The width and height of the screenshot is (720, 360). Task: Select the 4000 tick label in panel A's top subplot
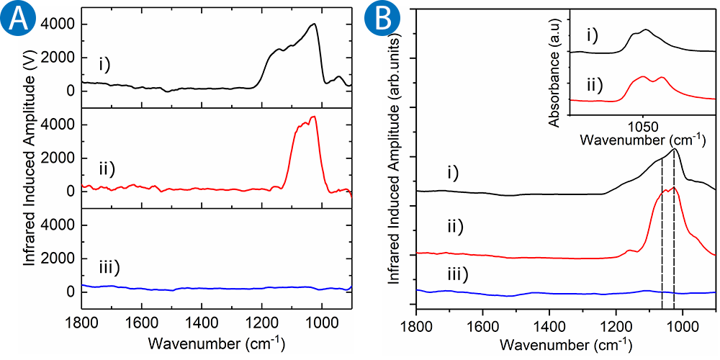click(56, 24)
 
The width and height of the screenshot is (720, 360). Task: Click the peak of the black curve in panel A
click(313, 24)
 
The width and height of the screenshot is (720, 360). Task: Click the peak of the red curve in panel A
click(312, 117)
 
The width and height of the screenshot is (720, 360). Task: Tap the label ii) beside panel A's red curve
click(110, 169)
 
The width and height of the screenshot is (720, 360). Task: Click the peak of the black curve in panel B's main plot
click(674, 150)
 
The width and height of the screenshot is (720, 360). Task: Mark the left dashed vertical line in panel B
click(662, 238)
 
